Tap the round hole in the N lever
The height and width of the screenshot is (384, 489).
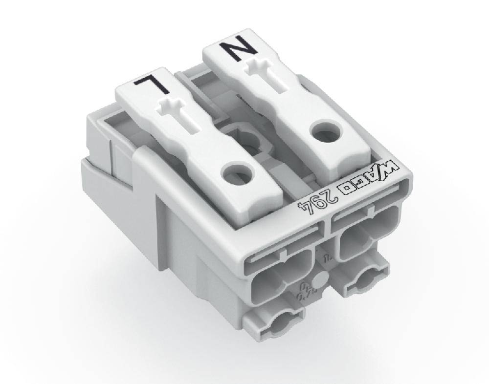tap(324, 131)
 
